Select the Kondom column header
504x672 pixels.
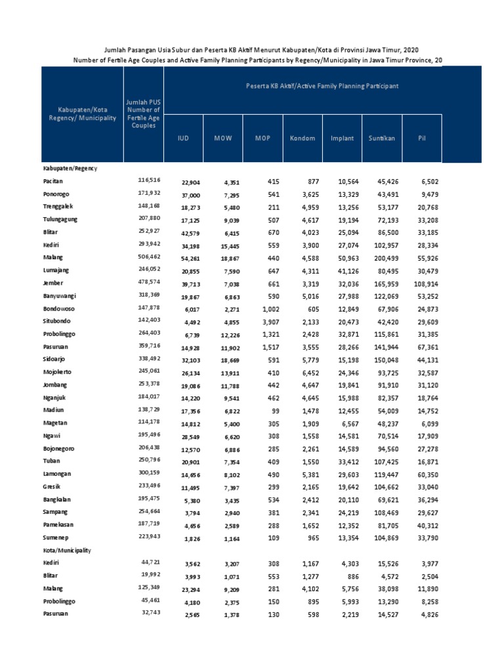[x=302, y=138]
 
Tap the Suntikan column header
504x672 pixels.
[x=381, y=138]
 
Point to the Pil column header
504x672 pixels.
[x=422, y=138]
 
